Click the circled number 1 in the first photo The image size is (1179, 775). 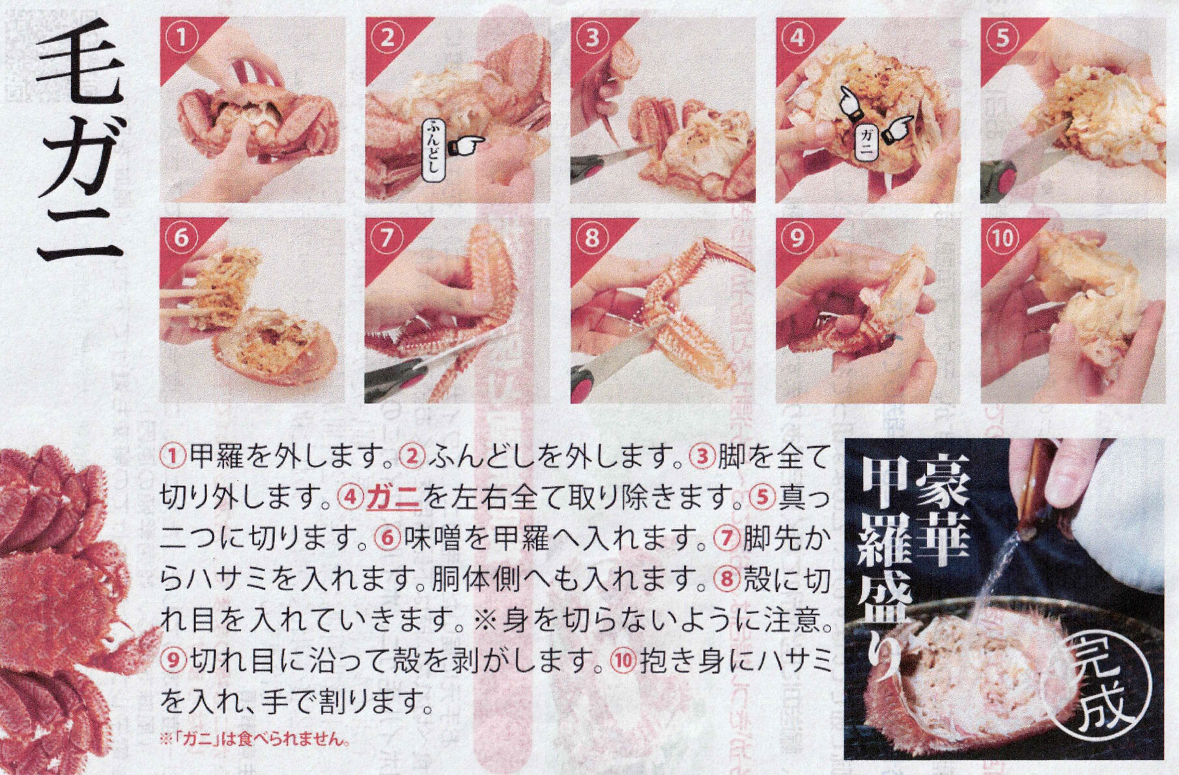[181, 37]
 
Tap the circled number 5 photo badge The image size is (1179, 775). [1002, 37]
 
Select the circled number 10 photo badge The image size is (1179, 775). [1002, 238]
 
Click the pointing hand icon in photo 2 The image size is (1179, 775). [466, 146]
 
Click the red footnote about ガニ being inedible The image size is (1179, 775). [255, 739]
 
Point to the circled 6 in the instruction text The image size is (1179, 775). [388, 539]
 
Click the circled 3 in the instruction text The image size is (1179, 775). [703, 457]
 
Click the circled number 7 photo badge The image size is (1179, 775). [386, 238]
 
